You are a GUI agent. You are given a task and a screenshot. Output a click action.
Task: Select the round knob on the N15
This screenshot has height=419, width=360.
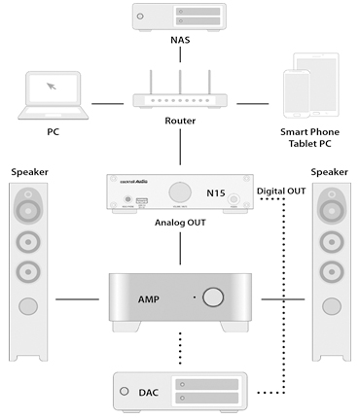point(180,191)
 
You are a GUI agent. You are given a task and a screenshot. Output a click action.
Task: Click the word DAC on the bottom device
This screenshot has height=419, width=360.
point(147,392)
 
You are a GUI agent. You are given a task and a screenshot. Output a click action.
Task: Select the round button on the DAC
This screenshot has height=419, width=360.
point(125,392)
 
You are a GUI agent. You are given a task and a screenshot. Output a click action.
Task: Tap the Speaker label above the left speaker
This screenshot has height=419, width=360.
point(30,171)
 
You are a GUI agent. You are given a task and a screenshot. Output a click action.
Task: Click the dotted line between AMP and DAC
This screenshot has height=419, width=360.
point(180,349)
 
